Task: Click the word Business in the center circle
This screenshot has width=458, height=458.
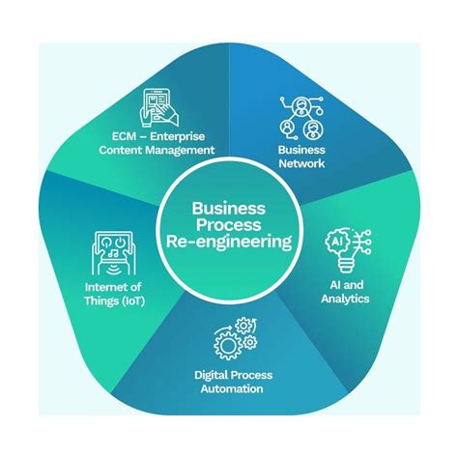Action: pyautogui.click(x=229, y=207)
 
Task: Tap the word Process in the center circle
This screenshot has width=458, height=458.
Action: pyautogui.click(x=229, y=224)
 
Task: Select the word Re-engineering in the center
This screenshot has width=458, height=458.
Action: pyautogui.click(x=229, y=243)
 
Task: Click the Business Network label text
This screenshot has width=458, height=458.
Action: pyautogui.click(x=301, y=157)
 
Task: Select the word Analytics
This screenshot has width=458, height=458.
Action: pyautogui.click(x=345, y=299)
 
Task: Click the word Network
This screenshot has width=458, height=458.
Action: pyautogui.click(x=301, y=164)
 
